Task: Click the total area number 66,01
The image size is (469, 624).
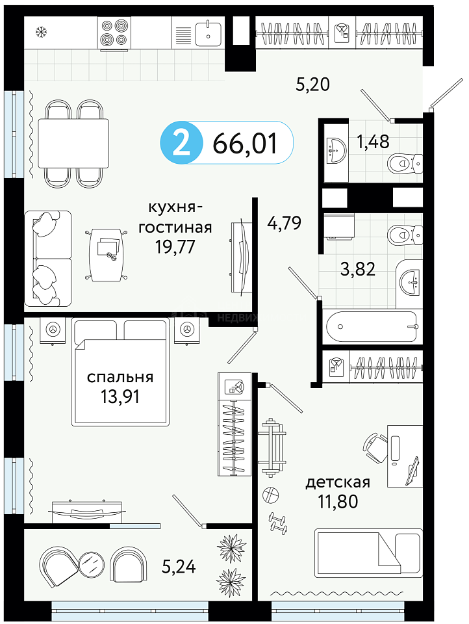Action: click(245, 143)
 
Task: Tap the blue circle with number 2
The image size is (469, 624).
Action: click(181, 143)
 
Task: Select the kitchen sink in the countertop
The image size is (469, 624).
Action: click(209, 33)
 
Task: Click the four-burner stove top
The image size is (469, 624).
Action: click(114, 33)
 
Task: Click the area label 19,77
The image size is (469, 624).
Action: click(175, 247)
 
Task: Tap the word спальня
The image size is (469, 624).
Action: click(120, 377)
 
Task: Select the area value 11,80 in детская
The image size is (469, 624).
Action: click(338, 501)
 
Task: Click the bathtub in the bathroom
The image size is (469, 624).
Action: click(371, 327)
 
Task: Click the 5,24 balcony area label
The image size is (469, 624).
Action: click(179, 566)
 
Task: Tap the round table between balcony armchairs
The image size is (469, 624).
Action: click(92, 565)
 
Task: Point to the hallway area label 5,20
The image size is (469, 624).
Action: click(312, 84)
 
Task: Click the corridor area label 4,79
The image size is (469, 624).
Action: click(284, 223)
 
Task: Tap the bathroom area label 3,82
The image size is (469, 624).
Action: click(358, 269)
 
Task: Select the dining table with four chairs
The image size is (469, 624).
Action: click(73, 143)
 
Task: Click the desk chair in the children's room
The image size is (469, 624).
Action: click(375, 447)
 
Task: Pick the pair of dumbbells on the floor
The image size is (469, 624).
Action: click(278, 522)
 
